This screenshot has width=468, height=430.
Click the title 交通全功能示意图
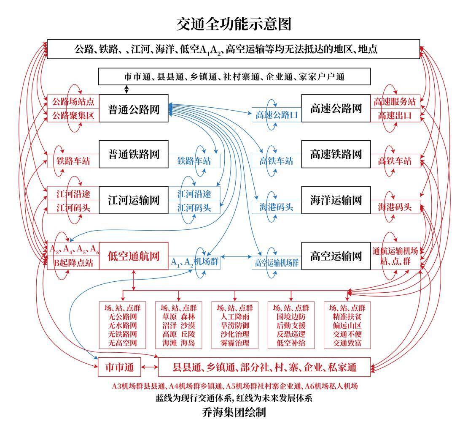pyautogui.click(x=234, y=24)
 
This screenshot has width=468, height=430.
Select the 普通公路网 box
pyautogui.click(x=133, y=108)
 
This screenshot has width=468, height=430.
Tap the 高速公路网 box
pyautogui.click(x=336, y=108)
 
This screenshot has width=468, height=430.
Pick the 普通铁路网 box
pyautogui.click(x=133, y=154)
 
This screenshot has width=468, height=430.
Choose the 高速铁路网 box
pyautogui.click(x=336, y=154)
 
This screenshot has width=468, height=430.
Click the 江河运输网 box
pyautogui.click(x=133, y=200)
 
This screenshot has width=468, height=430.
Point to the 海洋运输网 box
pyautogui.click(x=336, y=200)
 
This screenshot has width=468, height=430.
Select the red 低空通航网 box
pyautogui.click(x=133, y=256)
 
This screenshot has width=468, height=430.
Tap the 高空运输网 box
pyautogui.click(x=336, y=256)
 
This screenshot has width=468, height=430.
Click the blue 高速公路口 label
pyautogui.click(x=277, y=115)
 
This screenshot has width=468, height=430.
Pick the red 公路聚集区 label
pyautogui.click(x=73, y=115)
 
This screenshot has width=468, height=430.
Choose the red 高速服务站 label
pyautogui.click(x=395, y=102)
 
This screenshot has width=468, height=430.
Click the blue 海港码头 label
pyautogui.click(x=276, y=207)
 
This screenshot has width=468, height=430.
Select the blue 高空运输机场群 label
pyautogui.click(x=277, y=263)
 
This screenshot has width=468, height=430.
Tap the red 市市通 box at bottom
pyautogui.click(x=119, y=367)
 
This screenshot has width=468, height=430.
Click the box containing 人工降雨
pyautogui.click(x=235, y=325)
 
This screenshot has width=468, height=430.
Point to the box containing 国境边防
pyautogui.click(x=291, y=325)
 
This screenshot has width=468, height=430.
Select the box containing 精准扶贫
pyautogui.click(x=347, y=325)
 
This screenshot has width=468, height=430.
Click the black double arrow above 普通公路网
pyautogui.click(x=126, y=90)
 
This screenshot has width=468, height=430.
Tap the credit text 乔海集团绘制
pyautogui.click(x=234, y=413)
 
